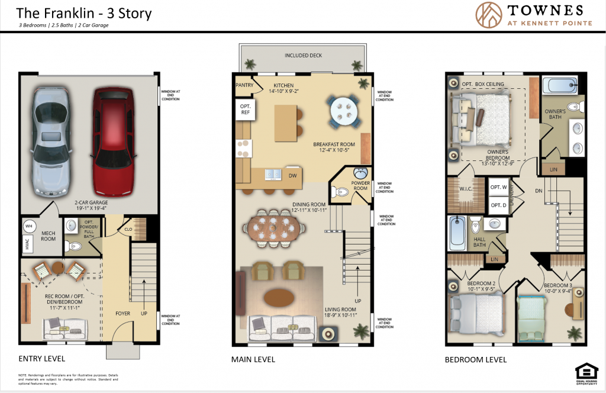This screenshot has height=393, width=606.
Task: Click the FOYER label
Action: pos(123,314)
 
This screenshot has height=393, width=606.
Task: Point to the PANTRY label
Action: pos(244,85)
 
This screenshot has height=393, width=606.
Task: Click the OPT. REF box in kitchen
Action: pos(244,108)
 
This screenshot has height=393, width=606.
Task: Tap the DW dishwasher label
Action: pos(292,175)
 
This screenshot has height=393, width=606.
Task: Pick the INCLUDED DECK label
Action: pos(304,56)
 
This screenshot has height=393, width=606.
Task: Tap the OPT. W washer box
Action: pos(498,187)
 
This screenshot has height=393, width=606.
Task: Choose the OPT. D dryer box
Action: pos(498,205)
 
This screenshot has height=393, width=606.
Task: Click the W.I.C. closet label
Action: pos(466,190)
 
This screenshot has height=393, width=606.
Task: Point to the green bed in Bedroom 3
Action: pos(533,317)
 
